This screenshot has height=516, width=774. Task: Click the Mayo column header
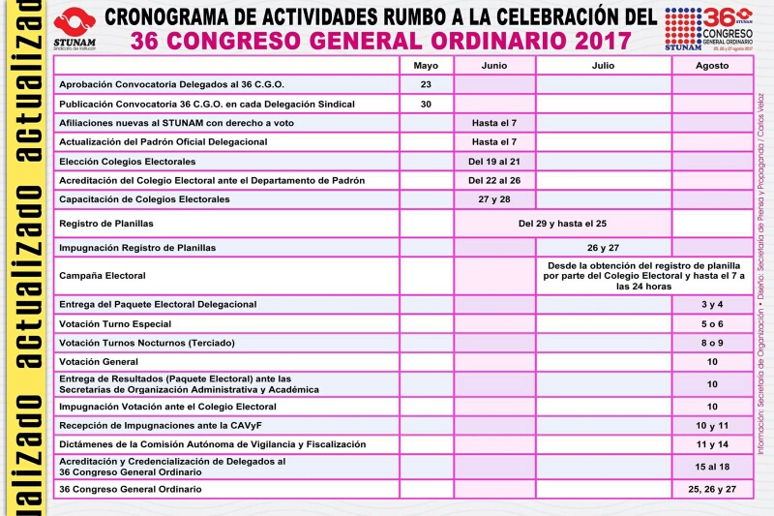(426, 65)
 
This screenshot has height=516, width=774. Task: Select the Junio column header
(494, 65)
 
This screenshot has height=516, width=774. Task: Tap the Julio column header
(603, 65)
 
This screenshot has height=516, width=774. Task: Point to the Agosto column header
(711, 65)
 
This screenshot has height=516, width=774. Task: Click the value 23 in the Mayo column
(426, 84)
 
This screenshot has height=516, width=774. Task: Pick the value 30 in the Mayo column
(426, 104)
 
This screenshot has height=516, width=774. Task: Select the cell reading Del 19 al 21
(494, 161)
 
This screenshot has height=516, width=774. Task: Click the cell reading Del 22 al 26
(494, 180)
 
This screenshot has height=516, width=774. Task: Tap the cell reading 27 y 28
(494, 199)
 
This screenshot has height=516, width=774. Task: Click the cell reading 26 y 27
(603, 248)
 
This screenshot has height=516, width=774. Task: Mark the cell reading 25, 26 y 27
(711, 490)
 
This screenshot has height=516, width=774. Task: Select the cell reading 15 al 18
(711, 467)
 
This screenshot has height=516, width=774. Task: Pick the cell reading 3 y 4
(711, 305)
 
